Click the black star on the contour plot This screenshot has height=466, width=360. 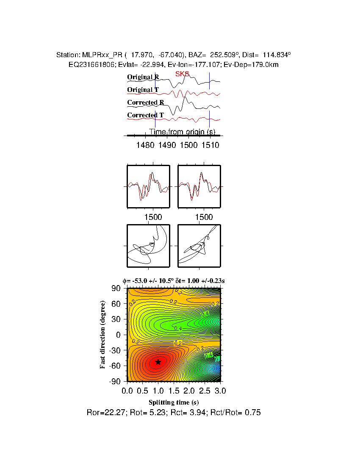(x=158, y=362)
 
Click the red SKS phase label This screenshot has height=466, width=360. (x=182, y=74)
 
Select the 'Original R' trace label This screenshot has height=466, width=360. (x=143, y=77)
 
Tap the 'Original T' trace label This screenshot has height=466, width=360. (x=143, y=90)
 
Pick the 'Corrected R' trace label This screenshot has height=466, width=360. (x=146, y=103)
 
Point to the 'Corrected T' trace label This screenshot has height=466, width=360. (x=145, y=115)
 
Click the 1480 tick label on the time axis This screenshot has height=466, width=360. (x=146, y=145)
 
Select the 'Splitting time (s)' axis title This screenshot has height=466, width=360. (x=174, y=402)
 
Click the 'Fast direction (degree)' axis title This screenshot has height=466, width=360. (x=103, y=335)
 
